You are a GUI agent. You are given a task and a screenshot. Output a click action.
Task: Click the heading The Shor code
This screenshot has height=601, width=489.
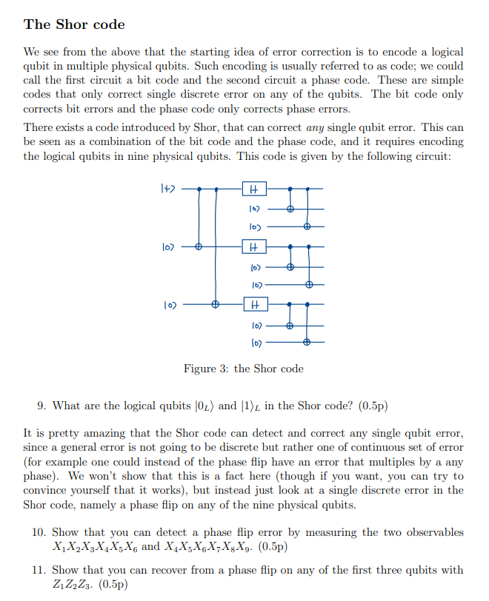pos(74,24)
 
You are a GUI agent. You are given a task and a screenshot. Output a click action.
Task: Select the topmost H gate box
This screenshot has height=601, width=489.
pos(254,189)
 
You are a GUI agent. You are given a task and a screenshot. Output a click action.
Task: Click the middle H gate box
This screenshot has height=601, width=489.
pos(254,246)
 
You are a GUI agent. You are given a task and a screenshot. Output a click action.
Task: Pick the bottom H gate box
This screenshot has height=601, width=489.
pos(254,303)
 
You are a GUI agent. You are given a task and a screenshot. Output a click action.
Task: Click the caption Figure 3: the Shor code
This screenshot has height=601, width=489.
pos(243,369)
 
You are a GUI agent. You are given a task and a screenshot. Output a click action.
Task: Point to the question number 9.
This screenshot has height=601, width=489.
pos(41,406)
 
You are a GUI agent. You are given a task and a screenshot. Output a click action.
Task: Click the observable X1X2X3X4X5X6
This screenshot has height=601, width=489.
pos(96,547)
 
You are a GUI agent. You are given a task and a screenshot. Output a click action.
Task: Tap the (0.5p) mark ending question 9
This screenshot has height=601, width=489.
pos(373,406)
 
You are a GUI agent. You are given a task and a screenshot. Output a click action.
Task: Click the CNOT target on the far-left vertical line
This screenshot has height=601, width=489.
pos(198,246)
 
